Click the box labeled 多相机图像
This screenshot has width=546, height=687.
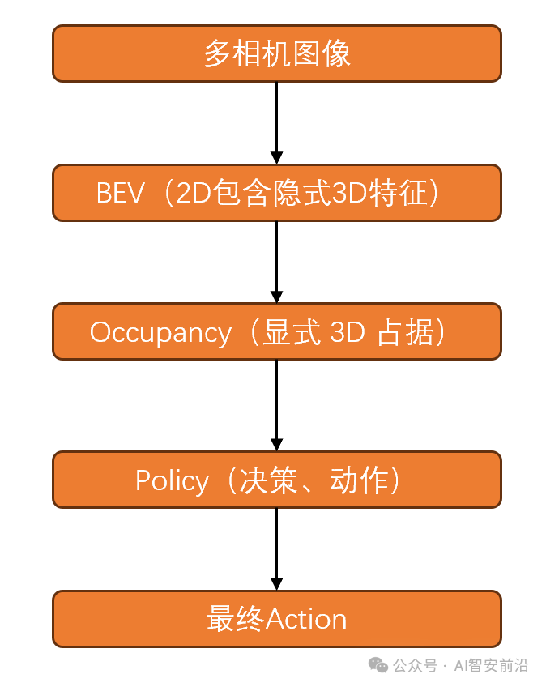pos(276,53)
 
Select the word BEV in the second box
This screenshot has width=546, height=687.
pos(120,194)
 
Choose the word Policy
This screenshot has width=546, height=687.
pos(171,480)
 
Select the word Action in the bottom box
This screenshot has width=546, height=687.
pos(306,620)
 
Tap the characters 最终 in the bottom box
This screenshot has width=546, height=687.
pos(235,620)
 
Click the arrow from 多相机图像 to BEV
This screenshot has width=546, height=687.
pos(276,117)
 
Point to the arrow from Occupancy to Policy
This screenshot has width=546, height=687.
pos(276,401)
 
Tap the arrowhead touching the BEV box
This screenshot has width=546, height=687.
pos(276,157)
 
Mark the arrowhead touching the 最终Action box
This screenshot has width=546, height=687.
pos(276,583)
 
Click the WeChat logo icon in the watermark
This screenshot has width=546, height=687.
pos(378,665)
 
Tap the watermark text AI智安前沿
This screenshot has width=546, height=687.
pos(491,666)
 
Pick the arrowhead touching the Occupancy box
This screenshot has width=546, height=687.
pos(276,297)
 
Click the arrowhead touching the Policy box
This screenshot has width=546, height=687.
pos(276,445)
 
